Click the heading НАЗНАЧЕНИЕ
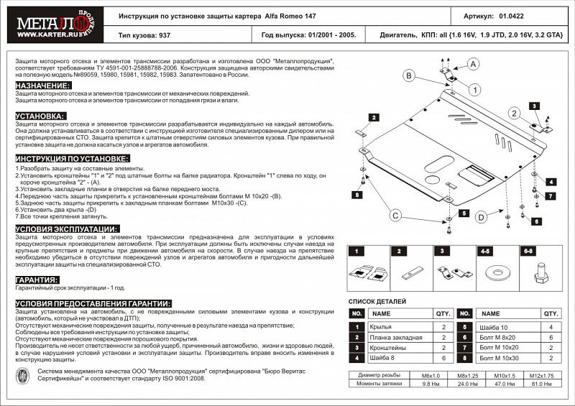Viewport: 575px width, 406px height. pyautogui.click(x=42, y=86)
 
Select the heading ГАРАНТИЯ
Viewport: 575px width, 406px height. pyautogui.click(x=37, y=280)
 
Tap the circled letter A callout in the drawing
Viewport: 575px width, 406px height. pyautogui.click(x=474, y=65)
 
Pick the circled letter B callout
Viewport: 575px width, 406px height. pyautogui.click(x=408, y=76)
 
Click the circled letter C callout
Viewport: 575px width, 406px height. pyautogui.click(x=395, y=215)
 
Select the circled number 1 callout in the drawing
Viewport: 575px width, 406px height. pyautogui.click(x=475, y=89)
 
